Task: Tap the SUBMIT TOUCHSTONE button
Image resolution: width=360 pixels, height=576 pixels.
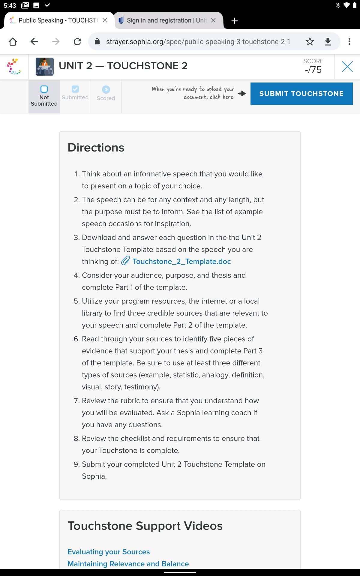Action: pos(301,94)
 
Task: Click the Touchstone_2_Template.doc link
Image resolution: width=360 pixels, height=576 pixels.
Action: pos(181,261)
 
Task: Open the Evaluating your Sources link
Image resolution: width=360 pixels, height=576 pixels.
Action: pos(109,552)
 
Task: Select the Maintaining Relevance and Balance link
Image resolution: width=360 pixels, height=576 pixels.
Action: pos(128,564)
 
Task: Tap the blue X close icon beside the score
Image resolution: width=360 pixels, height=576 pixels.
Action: pos(347,66)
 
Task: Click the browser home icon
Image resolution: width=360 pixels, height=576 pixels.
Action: pos(13,41)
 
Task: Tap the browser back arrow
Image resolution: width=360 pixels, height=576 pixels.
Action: pos(34,41)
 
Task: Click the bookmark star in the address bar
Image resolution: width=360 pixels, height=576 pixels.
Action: pos(310,41)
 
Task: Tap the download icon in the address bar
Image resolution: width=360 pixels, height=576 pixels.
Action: pos(328,41)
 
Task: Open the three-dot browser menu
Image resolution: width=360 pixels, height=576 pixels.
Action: pos(349,41)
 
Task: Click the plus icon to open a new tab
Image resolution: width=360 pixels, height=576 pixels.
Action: pos(235,20)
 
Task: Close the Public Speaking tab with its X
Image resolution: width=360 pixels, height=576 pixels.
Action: pos(105,20)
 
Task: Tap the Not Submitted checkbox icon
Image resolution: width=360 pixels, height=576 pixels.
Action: pos(44,89)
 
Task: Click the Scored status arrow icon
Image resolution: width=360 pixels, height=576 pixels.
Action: pos(106,89)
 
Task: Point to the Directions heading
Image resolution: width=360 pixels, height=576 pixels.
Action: pos(96,148)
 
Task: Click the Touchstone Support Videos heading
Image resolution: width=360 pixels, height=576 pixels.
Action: pos(145,526)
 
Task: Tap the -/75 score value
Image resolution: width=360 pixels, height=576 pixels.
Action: pos(313,70)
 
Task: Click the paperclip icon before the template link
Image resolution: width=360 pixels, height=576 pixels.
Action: pos(125,260)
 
